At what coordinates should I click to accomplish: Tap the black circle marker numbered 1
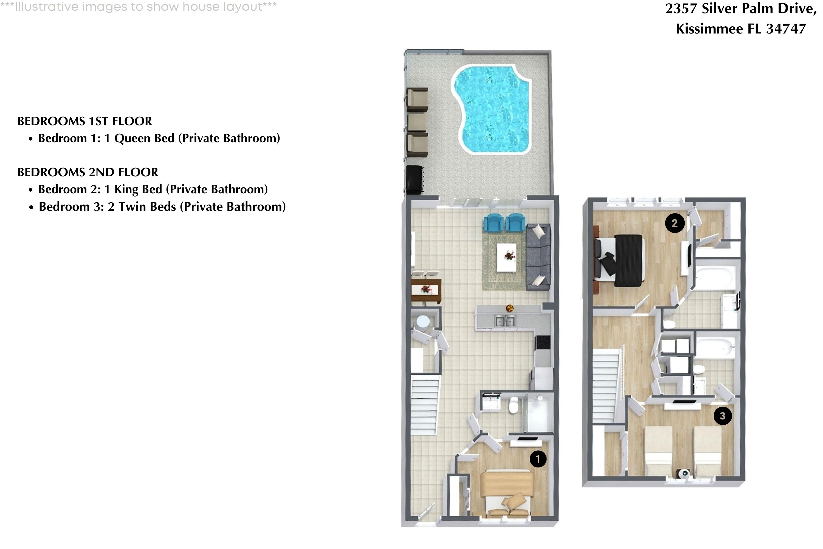coord(538,459)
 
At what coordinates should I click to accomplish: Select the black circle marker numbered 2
coord(675,223)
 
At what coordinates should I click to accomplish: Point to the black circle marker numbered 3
coord(723,416)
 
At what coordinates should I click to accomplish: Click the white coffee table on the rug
coord(506,257)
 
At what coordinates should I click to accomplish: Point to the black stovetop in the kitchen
coord(543,342)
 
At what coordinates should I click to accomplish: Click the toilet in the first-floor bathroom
coord(513,405)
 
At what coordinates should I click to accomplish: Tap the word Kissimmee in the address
coord(709,29)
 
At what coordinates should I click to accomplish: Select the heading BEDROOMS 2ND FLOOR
coord(88,172)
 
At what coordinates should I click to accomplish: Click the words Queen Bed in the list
coord(144,138)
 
